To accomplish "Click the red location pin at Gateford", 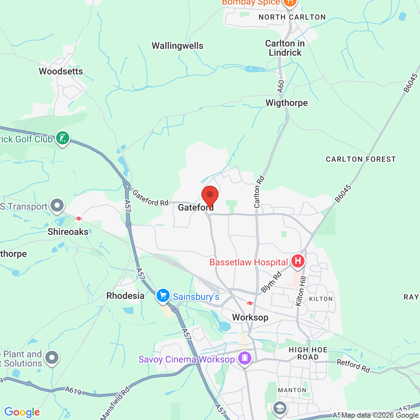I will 210,196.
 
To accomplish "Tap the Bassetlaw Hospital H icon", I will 298,261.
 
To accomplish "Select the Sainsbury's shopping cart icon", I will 163,296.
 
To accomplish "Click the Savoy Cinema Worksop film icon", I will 245,358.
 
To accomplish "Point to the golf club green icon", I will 62,138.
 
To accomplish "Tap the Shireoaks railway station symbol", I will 78,219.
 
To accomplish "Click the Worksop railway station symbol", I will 250,303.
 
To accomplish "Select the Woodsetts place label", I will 61,71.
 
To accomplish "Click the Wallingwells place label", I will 178,46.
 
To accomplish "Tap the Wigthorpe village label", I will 286,103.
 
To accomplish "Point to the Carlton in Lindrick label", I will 285,48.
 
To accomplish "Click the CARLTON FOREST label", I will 361,159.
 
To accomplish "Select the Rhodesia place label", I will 125,296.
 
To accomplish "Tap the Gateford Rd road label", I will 150,198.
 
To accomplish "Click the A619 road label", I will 73,390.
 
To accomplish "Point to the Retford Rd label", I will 353,366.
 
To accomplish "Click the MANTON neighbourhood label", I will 292,390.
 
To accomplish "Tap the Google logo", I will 22,412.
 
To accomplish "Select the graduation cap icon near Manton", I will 280,408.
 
